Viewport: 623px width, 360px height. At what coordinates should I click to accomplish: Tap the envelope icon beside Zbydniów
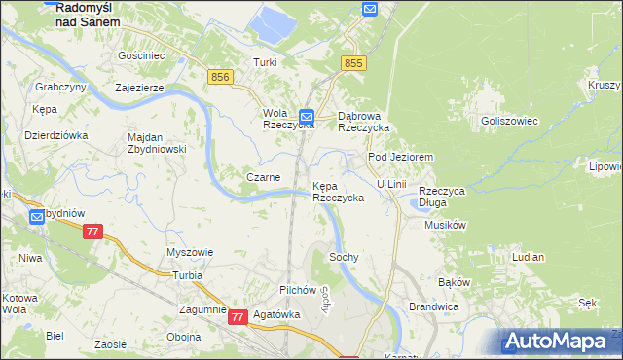point(37,217)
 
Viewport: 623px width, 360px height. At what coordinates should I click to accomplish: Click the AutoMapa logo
point(560,341)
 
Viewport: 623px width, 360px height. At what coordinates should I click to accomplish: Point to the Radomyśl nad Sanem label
point(88,13)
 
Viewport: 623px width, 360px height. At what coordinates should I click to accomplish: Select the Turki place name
point(266,62)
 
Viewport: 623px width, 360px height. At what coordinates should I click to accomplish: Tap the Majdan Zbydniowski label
point(157,143)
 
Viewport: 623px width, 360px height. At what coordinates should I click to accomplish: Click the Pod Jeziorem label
point(399,157)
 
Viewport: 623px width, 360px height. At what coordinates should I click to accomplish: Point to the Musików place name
point(448,225)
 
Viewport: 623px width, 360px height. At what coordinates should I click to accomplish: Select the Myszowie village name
point(190,252)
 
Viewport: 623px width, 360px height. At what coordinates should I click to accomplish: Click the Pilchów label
point(298,290)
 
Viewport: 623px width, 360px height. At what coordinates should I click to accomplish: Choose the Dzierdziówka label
point(55,135)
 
